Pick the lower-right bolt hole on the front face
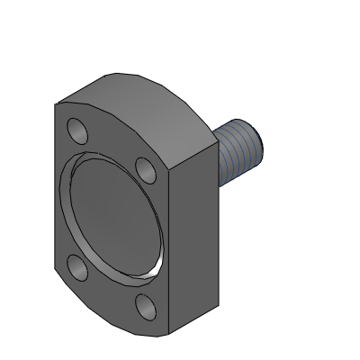143,307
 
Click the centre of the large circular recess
111,219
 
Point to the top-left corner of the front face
55,105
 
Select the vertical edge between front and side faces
168,252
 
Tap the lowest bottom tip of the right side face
169,330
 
